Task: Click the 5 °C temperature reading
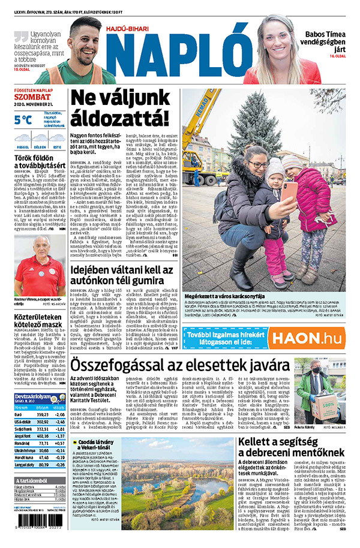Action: [x=24, y=120]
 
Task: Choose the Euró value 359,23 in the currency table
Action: [x=41, y=414]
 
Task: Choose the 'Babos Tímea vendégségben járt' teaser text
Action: [x=328, y=40]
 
